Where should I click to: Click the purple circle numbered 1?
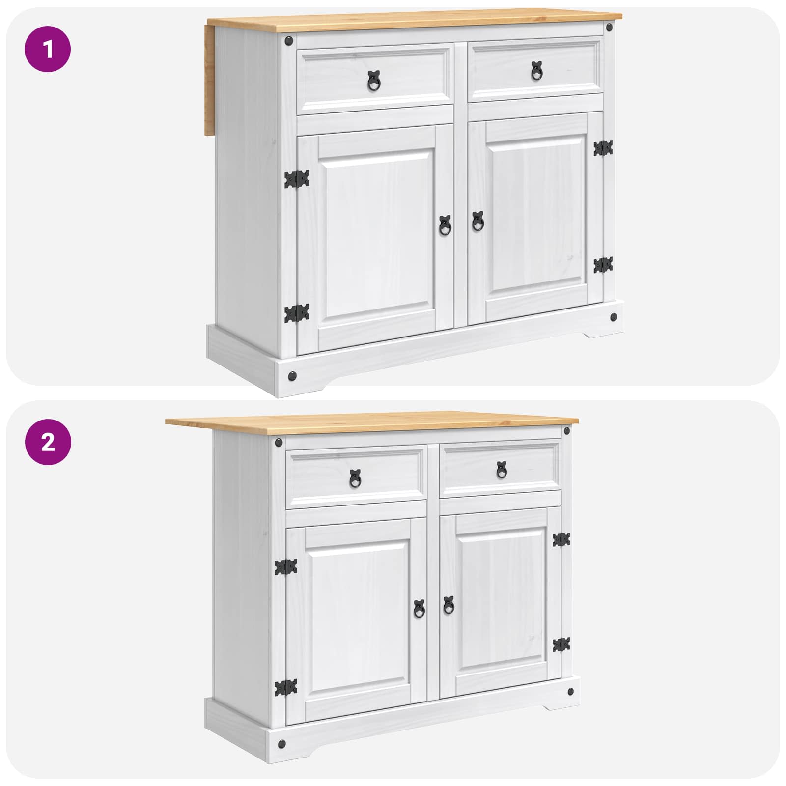point(48,49)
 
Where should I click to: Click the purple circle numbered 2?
point(48,442)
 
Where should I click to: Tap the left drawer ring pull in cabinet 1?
point(374,80)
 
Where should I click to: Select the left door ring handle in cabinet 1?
point(445,225)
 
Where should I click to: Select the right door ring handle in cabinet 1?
point(477,222)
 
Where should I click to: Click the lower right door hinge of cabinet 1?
point(603,265)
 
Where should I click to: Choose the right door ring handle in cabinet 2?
point(449,606)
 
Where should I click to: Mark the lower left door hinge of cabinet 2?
point(286,687)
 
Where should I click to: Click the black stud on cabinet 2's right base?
point(570,692)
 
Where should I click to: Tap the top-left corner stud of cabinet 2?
point(279,443)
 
